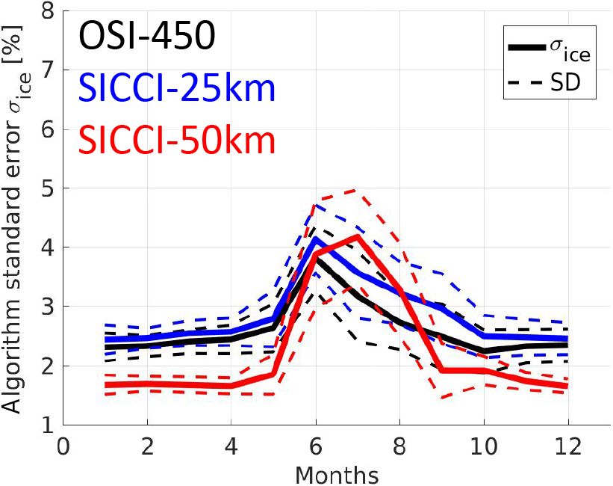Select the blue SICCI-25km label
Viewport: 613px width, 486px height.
175,89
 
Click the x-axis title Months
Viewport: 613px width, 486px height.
336,474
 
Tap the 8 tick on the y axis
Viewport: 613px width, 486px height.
47,11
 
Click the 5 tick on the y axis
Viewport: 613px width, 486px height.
47,188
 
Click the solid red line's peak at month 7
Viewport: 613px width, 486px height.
358,236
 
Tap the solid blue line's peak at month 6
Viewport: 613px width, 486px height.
316,239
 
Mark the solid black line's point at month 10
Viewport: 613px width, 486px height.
484,351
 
